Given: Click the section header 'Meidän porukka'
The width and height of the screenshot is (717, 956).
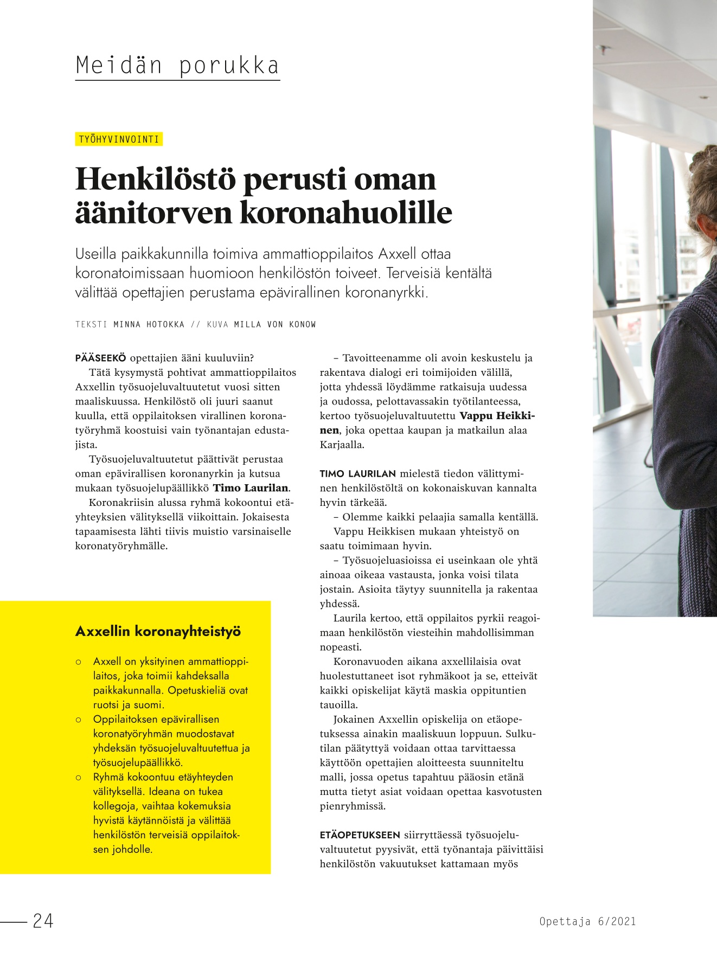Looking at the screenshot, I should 177,66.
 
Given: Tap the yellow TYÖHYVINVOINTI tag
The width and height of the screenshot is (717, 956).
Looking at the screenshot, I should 119,139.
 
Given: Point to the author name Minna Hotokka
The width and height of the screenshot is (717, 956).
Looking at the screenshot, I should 149,324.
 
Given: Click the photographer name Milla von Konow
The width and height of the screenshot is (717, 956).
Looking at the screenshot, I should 275,324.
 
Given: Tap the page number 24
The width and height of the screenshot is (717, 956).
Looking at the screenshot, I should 43,921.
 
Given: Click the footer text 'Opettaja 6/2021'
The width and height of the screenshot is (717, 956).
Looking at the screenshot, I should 587,921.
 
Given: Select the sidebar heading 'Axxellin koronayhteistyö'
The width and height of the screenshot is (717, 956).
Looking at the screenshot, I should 158,631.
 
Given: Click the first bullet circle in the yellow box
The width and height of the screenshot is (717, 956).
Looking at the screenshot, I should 79,662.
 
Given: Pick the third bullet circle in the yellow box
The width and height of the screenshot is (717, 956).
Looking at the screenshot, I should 79,777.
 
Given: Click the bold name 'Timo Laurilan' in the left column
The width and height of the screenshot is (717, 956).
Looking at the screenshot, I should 251,488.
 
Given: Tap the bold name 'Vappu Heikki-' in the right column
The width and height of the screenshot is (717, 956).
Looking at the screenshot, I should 497,416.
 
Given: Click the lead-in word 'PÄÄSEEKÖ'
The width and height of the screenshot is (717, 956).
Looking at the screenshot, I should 100,358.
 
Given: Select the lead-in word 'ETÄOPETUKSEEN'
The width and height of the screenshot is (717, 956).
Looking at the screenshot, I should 360,835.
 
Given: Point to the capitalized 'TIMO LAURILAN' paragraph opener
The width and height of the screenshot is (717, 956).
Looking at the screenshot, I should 358,473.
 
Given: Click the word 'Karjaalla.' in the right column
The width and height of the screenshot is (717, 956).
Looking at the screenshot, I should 342,445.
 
